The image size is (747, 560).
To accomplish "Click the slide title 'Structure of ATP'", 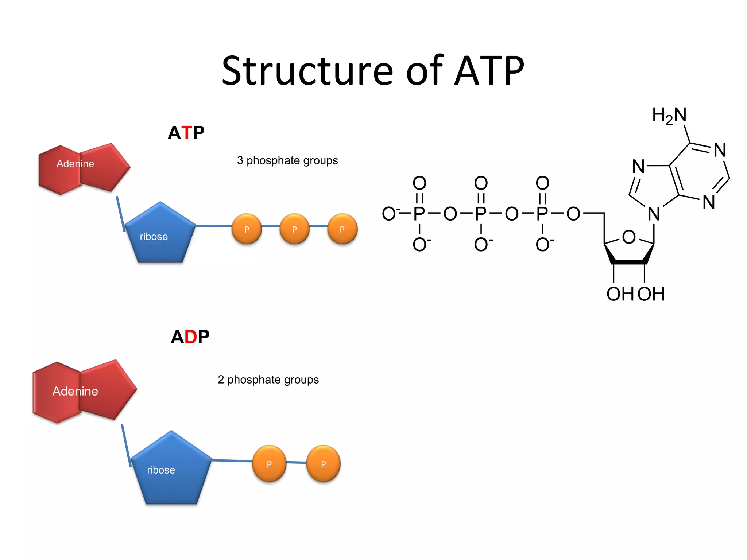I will [373, 71].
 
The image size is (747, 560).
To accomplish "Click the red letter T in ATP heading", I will [187, 133].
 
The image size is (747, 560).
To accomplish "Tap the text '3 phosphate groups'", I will [287, 160].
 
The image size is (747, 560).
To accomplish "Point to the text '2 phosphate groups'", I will [268, 380].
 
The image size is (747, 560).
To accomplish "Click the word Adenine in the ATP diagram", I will [75, 164].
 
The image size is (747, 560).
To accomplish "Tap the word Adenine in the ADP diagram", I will [75, 391].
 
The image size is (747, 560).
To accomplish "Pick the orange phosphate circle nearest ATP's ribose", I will [247, 229].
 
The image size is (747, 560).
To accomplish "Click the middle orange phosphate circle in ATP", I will [294, 229].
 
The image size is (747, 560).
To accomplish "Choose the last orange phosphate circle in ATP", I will [342, 229].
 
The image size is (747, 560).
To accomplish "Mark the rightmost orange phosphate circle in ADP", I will [323, 464].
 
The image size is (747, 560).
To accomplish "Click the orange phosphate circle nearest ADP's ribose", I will [269, 464].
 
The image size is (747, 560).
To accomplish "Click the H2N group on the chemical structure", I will [669, 115].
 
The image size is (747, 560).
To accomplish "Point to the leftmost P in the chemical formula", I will [419, 214].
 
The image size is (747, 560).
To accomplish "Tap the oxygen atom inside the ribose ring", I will [629, 237].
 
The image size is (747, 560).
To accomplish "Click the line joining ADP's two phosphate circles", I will [296, 462].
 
